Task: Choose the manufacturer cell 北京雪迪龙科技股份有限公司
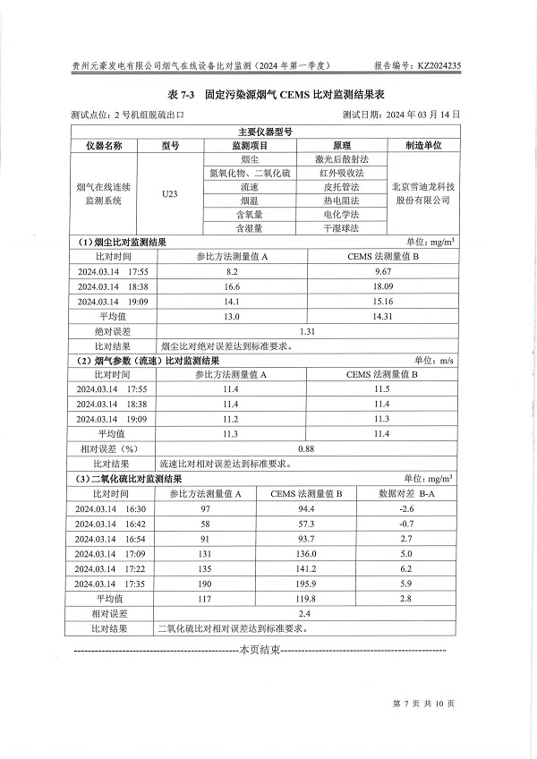coord(425,194)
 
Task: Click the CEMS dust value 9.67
coord(383,270)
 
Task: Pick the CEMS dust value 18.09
coord(383,286)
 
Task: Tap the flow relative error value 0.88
coord(307,448)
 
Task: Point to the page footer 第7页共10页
coord(424,704)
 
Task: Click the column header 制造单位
coord(425,144)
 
